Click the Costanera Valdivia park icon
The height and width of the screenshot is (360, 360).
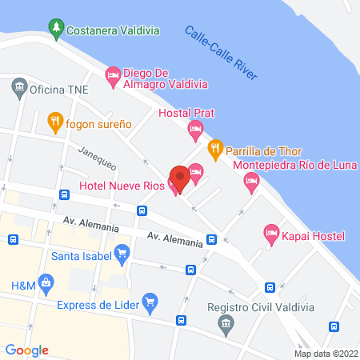[x=56, y=30]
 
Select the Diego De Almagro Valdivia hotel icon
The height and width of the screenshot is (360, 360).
[x=113, y=76]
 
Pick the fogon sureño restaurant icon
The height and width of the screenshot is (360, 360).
[x=54, y=123]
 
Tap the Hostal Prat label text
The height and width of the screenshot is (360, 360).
[x=186, y=112]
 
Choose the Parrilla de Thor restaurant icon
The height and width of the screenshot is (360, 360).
[x=214, y=148]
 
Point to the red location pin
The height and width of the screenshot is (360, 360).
[x=180, y=179]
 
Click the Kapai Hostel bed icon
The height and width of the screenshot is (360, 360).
[x=270, y=235]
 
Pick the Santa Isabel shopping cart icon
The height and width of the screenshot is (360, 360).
[x=122, y=256]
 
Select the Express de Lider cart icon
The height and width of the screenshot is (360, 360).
[x=150, y=302]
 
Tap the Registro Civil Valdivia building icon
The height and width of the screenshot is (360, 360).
[x=226, y=323]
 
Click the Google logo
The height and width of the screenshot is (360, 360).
[x=27, y=350]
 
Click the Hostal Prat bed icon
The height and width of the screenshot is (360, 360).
[x=194, y=128]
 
